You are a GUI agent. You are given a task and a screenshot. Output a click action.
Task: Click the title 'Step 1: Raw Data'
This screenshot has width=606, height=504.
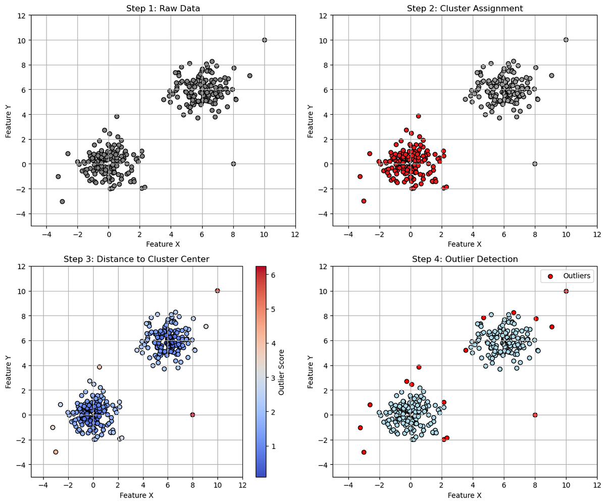coord(163,8)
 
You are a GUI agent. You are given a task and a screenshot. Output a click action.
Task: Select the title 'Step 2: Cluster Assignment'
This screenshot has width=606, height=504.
coord(465,8)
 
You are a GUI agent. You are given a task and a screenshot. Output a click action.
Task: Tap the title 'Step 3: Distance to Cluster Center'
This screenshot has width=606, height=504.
coord(136,259)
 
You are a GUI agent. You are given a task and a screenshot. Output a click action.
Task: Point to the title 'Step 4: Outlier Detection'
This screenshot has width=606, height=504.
coord(465,259)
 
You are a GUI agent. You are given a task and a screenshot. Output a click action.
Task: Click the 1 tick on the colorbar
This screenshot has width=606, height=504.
coord(273,446)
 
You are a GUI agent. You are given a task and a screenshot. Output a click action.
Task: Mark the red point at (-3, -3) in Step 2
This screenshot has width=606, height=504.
coord(364,201)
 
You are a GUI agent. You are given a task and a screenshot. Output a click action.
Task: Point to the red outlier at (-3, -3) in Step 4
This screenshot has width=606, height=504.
coord(364,452)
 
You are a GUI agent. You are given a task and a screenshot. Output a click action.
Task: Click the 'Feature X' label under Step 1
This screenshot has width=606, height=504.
coord(163,244)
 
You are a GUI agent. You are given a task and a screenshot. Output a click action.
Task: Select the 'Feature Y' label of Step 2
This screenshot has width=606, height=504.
coord(310,120)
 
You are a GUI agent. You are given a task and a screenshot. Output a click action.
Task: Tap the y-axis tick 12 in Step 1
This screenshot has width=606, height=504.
coord(22,15)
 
